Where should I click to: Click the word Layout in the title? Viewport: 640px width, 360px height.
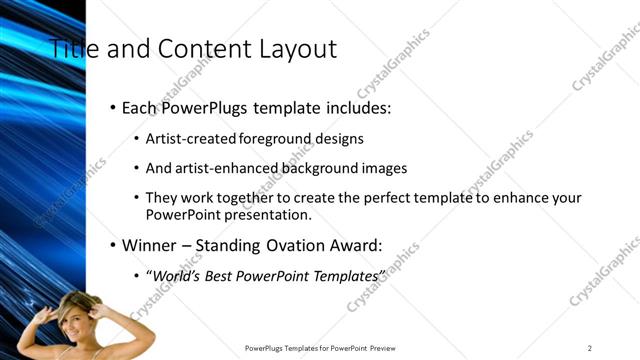tap(295, 48)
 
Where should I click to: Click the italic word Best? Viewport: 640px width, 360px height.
tap(219, 274)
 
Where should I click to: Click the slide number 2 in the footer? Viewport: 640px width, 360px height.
tap(589, 348)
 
